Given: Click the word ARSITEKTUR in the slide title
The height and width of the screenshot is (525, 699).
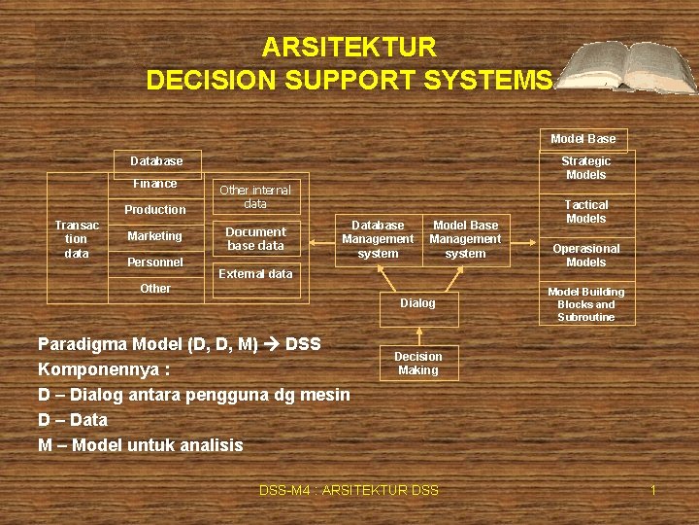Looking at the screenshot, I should [349, 47].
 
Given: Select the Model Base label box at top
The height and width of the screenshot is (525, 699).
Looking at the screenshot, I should [583, 139].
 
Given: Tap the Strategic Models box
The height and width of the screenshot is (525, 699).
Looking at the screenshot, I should [586, 168].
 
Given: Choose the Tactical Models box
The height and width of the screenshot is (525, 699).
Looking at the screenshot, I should [586, 212].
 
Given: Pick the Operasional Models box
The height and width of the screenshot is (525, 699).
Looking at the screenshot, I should [586, 256].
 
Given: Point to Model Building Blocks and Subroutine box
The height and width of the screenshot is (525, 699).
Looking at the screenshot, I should [586, 304].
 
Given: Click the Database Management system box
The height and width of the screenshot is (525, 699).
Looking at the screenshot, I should [378, 239].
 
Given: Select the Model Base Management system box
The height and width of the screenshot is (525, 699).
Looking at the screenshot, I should [465, 239].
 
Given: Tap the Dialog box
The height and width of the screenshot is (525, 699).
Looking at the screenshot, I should [418, 303].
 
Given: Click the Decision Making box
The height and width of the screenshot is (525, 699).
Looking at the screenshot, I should [418, 364].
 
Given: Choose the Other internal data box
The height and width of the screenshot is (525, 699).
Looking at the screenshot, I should [255, 197].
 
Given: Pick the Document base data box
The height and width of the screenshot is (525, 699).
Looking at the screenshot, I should [255, 239].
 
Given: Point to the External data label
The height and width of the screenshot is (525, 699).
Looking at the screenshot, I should [255, 274].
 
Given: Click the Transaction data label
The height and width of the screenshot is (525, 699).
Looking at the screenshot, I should [76, 239].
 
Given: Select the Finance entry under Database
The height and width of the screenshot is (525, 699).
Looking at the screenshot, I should [155, 184].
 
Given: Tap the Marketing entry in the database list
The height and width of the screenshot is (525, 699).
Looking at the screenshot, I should [155, 236].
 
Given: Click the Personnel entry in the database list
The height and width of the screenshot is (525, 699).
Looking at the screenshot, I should [155, 262].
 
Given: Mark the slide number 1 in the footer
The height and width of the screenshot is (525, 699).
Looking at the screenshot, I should [653, 490].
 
